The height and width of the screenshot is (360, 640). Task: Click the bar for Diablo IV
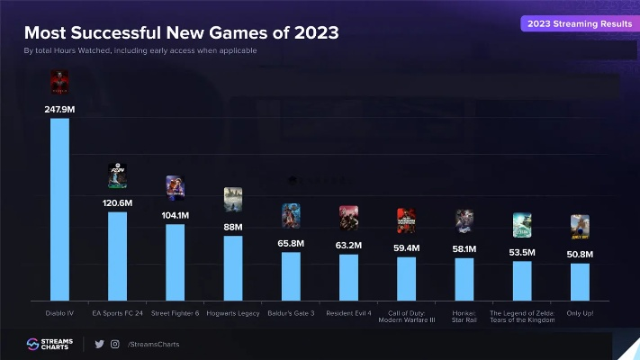click(x=59, y=209)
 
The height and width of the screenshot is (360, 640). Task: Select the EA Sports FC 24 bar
click(x=117, y=256)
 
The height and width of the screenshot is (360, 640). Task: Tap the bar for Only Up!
click(x=581, y=281)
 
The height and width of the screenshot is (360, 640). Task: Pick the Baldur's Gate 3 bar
click(x=291, y=275)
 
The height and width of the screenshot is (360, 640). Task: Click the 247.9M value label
click(x=59, y=109)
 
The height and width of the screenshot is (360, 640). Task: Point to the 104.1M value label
click(x=175, y=215)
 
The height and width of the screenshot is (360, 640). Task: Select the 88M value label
click(x=233, y=227)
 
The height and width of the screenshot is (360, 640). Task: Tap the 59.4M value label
click(x=407, y=247)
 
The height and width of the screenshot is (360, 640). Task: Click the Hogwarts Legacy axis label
click(x=233, y=313)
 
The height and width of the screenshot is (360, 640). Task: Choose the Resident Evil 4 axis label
click(x=349, y=313)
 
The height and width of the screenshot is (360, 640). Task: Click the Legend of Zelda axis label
click(x=522, y=317)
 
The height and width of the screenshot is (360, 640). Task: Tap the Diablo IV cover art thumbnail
click(x=59, y=84)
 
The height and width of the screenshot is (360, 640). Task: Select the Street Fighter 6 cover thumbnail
click(x=175, y=187)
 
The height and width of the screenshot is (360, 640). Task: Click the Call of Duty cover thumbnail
click(x=407, y=220)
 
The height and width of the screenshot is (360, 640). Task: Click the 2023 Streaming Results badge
click(x=579, y=23)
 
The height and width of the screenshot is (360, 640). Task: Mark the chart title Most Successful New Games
click(x=181, y=33)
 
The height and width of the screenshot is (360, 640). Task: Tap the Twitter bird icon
click(x=99, y=344)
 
